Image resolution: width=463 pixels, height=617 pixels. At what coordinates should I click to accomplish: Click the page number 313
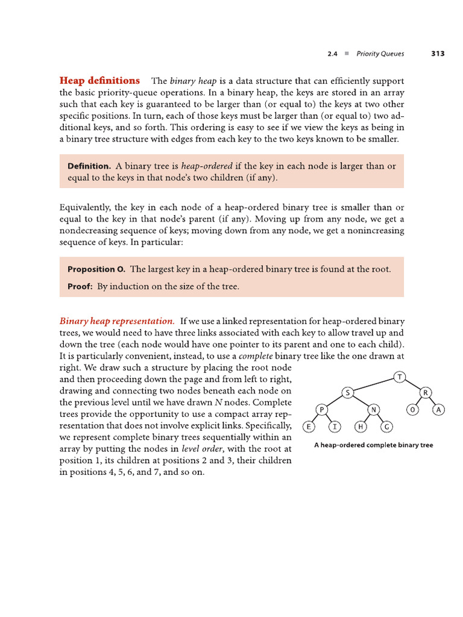pos(438,54)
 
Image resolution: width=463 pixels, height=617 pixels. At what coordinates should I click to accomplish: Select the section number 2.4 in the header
pos(332,54)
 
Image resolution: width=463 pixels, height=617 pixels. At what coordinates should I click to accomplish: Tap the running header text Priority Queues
pos(380,54)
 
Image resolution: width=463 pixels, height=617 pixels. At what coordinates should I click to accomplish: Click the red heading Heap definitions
pos(99,81)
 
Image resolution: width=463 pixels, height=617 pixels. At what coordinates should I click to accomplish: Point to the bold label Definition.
pos(89,166)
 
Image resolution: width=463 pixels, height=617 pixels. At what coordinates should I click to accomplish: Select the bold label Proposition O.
pos(96,269)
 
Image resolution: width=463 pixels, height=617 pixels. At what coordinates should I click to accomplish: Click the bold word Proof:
pos(80,287)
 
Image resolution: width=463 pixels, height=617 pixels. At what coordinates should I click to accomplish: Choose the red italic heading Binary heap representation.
pos(117,321)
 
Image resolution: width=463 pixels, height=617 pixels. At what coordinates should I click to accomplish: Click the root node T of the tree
pos(400,377)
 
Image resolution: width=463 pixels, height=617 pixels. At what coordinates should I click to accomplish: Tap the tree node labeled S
pos(348,393)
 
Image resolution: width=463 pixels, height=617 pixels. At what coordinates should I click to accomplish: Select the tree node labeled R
pos(425,393)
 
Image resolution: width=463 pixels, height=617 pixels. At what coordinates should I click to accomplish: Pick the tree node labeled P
pos(322,410)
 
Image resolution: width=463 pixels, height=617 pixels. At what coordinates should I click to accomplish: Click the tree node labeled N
pos(373,410)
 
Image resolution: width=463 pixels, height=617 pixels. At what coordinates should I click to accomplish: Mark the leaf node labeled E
pos(309,427)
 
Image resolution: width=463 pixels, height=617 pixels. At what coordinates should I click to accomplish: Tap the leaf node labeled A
pos(439,410)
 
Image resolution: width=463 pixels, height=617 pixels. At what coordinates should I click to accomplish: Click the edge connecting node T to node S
pos(374,385)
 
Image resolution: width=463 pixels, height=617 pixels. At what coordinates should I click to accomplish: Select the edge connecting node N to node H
pos(367,418)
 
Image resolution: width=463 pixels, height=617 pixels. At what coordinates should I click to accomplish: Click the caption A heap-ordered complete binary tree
pos(373,446)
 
